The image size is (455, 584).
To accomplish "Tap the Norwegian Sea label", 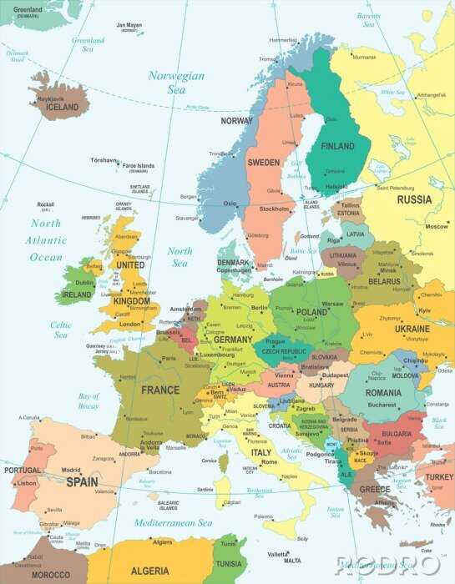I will [x=176, y=82].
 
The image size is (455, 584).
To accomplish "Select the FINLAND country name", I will [x=337, y=146].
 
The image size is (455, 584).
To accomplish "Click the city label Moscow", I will [x=436, y=226].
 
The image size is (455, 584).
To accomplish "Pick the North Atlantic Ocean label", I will [x=46, y=240].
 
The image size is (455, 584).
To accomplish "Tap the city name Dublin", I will [x=83, y=282].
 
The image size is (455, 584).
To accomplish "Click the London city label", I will [x=129, y=324].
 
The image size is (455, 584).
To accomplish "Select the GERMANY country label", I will [x=233, y=340].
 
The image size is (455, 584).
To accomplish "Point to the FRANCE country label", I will [x=159, y=390].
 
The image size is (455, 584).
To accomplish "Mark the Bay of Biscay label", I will [x=88, y=400].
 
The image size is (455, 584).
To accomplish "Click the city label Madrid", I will [x=71, y=470].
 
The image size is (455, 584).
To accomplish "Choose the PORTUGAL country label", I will [x=22, y=471].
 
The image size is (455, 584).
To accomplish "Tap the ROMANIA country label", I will [x=382, y=392].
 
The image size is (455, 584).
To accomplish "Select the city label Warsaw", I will [x=332, y=304].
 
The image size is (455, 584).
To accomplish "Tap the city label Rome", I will [x=269, y=461].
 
